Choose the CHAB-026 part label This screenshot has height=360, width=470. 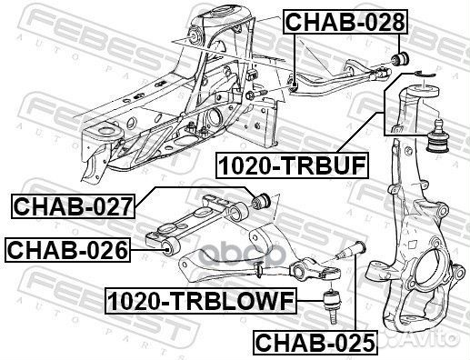pos(66,247)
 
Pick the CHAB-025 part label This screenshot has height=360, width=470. pos(313,342)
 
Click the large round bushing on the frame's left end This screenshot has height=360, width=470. pos(108,136)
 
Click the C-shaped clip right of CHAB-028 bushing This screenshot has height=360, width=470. pos(413,62)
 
